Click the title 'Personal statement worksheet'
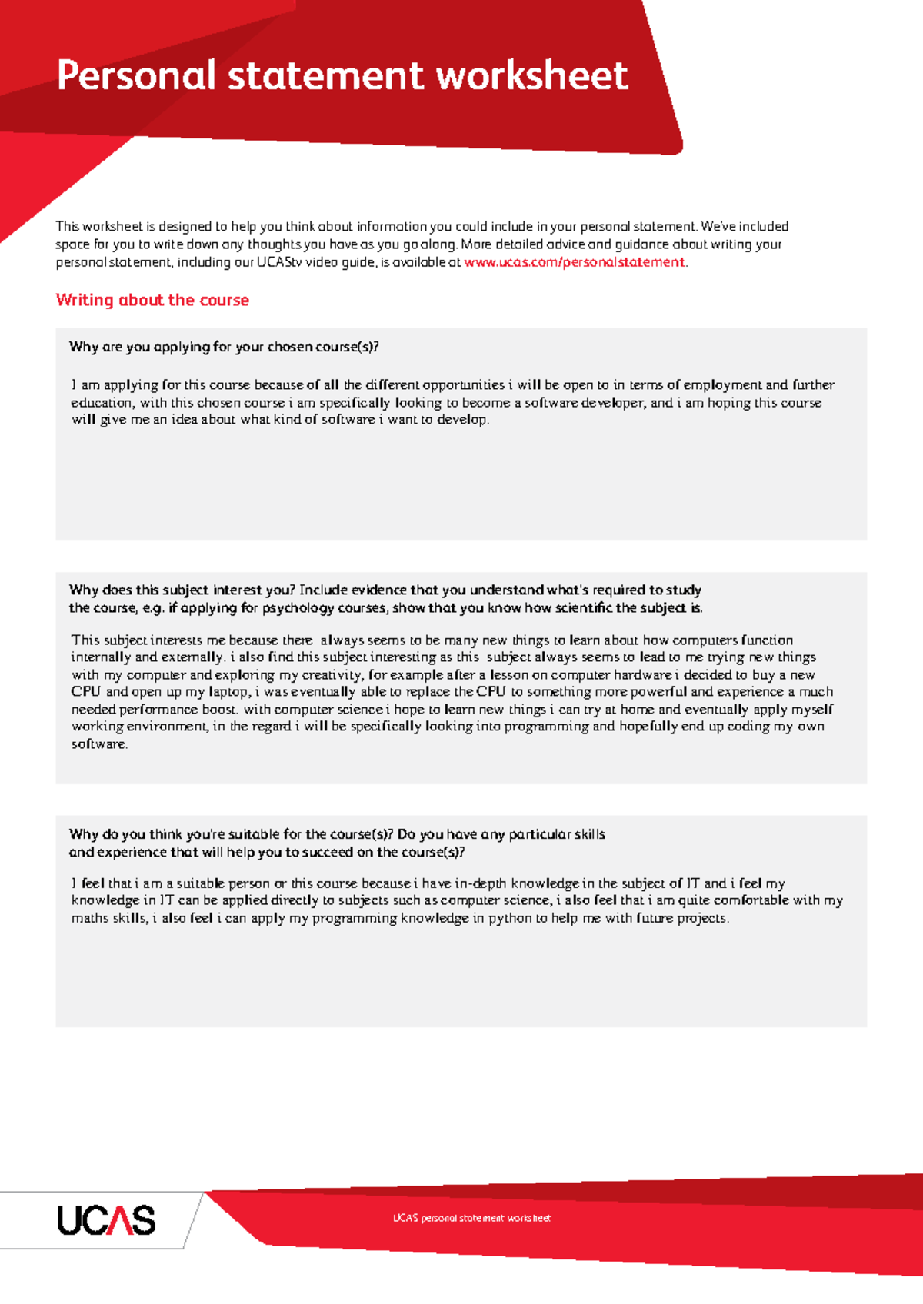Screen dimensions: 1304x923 click(x=342, y=76)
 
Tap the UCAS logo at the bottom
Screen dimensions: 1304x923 click(x=106, y=1220)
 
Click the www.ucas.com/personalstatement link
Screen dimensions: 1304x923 click(x=574, y=262)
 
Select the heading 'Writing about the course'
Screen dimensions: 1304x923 click(x=152, y=300)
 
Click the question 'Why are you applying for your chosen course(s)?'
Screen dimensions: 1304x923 click(x=224, y=347)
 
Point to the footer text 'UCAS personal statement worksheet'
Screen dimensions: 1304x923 click(x=471, y=1218)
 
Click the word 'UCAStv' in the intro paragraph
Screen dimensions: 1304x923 click(x=278, y=262)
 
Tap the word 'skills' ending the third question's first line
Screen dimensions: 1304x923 click(x=588, y=834)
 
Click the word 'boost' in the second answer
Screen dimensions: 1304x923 click(x=219, y=710)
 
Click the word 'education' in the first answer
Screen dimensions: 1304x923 click(x=102, y=403)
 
